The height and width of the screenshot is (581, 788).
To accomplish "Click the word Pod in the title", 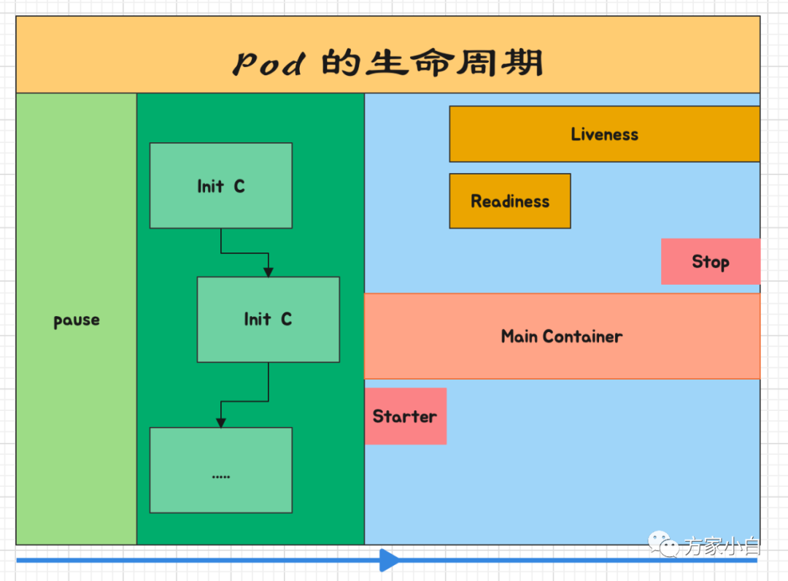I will click(x=268, y=64).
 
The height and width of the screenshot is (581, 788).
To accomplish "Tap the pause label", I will click(x=77, y=320).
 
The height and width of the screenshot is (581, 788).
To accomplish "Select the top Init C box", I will click(x=220, y=185).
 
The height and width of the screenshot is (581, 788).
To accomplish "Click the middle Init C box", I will click(x=268, y=319).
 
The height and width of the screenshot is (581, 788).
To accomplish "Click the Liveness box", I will click(x=604, y=134).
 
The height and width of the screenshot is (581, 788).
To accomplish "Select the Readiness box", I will click(x=509, y=201).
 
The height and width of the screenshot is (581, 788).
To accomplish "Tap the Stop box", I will click(x=710, y=261).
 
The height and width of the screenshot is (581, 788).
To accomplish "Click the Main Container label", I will click(x=561, y=336).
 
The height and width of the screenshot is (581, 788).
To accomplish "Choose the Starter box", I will click(x=405, y=416).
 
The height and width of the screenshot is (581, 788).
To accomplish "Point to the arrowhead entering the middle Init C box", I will click(x=269, y=272).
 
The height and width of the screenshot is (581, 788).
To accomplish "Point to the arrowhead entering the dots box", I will click(x=220, y=423).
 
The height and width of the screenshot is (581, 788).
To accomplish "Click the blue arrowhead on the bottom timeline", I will click(x=390, y=561).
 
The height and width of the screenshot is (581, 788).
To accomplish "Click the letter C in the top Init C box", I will click(x=239, y=186).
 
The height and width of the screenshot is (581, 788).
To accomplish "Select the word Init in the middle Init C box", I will click(x=257, y=319).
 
